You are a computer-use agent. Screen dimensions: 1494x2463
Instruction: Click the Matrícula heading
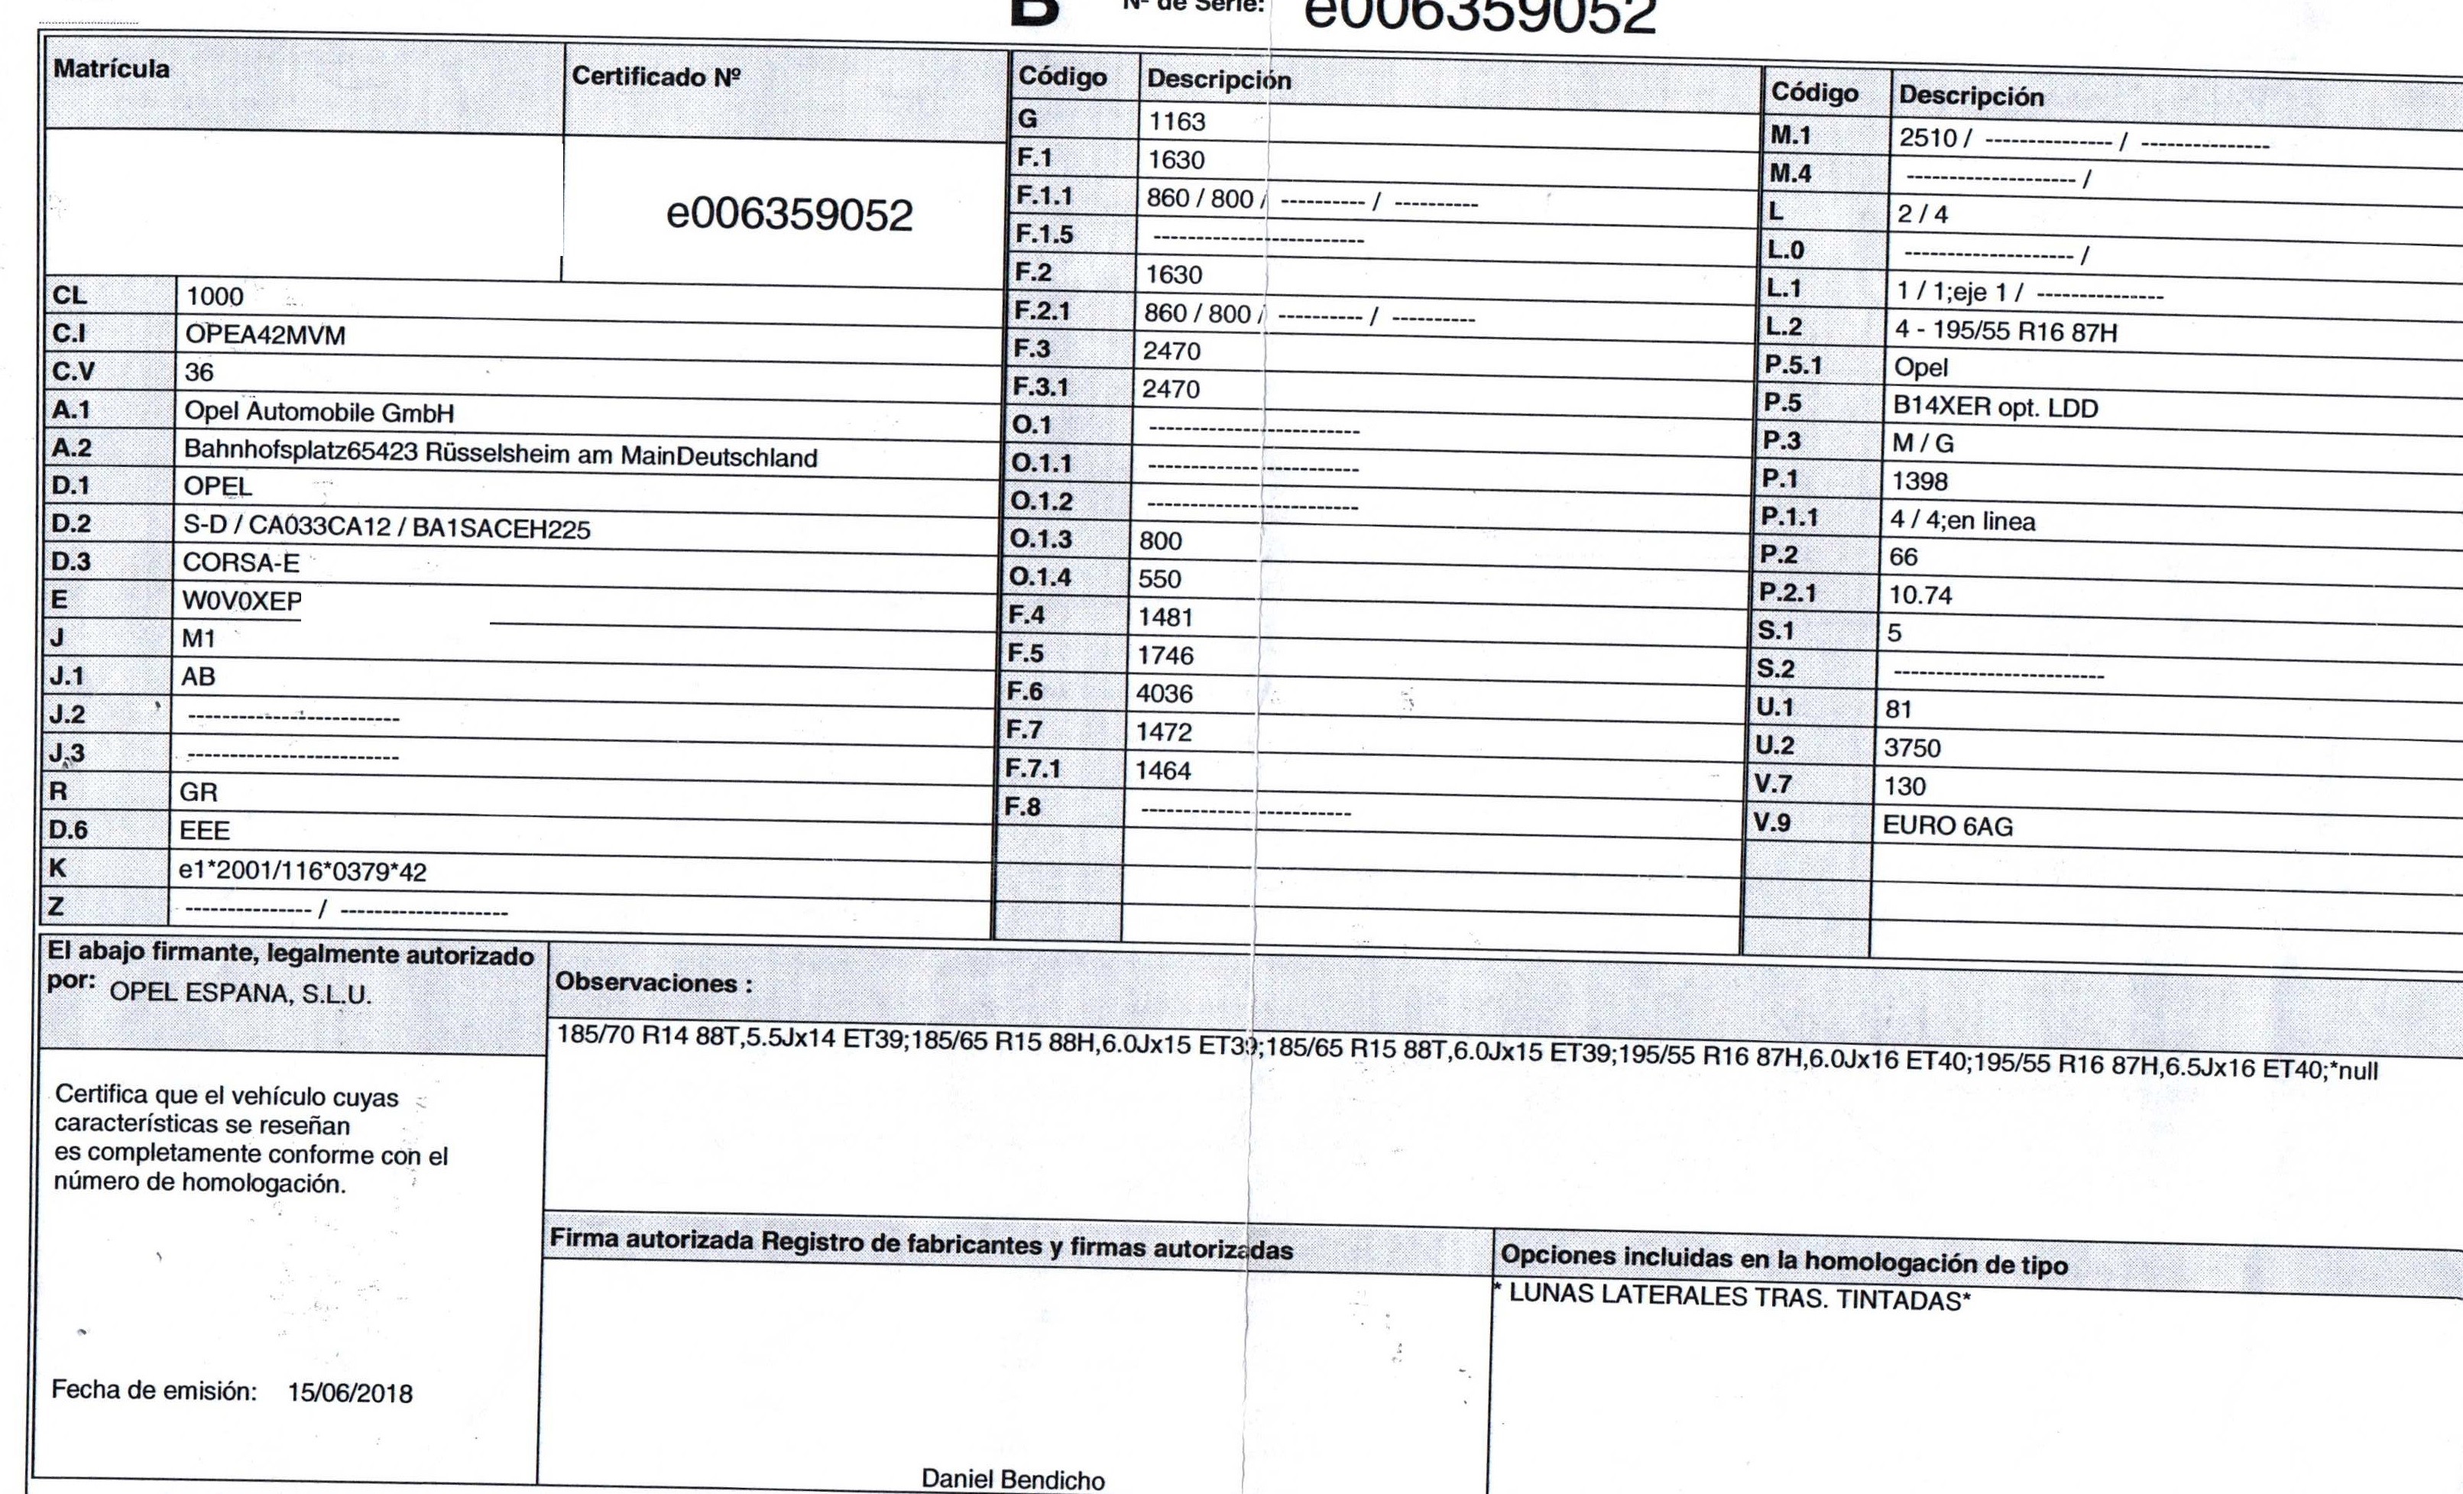pyautogui.click(x=111, y=69)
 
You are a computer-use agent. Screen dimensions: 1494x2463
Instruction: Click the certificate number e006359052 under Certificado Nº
pyautogui.click(x=789, y=215)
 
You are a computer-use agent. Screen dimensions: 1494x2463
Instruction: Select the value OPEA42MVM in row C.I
pyautogui.click(x=265, y=335)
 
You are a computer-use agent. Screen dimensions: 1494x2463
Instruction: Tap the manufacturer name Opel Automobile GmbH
pyautogui.click(x=319, y=412)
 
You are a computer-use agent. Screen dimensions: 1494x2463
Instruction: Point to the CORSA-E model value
pyautogui.click(x=241, y=562)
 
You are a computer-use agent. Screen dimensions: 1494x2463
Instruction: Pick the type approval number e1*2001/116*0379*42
pyautogui.click(x=302, y=871)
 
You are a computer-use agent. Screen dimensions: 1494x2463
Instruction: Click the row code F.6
pyautogui.click(x=1025, y=692)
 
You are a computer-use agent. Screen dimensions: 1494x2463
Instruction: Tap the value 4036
pyautogui.click(x=1165, y=694)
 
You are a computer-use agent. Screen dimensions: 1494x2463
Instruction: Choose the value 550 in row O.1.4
pyautogui.click(x=1159, y=578)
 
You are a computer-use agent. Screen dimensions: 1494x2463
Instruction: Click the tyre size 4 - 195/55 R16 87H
pyautogui.click(x=2006, y=332)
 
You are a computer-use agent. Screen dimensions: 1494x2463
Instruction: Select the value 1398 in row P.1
pyautogui.click(x=1919, y=481)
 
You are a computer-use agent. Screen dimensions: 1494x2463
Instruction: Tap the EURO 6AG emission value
pyautogui.click(x=1947, y=826)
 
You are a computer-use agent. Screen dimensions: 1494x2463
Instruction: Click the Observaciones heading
pyautogui.click(x=653, y=982)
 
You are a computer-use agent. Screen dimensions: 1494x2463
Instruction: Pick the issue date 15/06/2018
pyautogui.click(x=350, y=1393)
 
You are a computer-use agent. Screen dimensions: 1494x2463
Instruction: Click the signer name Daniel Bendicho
pyautogui.click(x=1013, y=1479)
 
